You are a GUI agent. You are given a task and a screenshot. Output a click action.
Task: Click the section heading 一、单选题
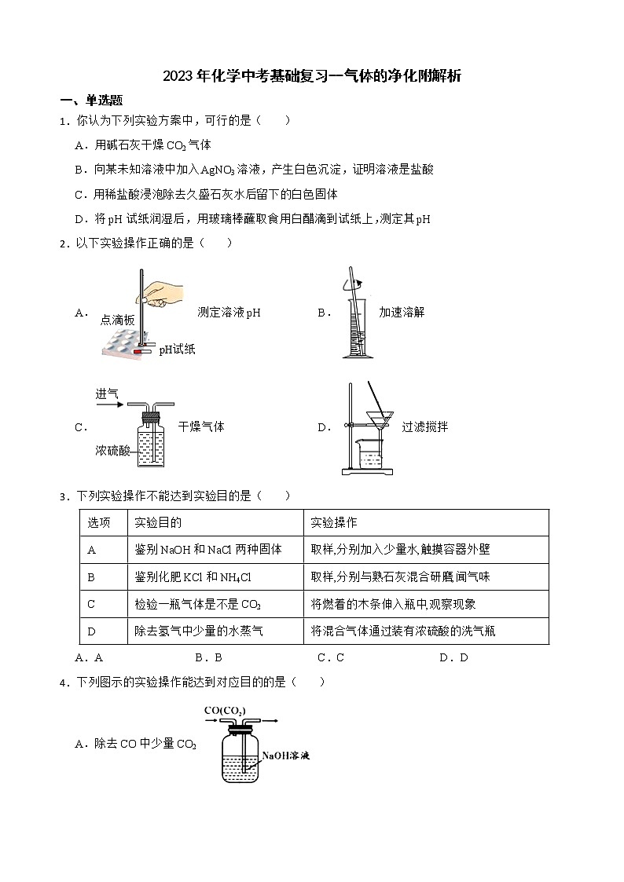[x=91, y=100]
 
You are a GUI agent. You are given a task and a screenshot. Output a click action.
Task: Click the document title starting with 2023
[x=311, y=76]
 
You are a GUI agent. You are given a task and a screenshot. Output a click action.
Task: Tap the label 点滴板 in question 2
[x=118, y=320]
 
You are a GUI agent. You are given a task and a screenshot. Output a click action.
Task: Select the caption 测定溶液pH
[x=229, y=313]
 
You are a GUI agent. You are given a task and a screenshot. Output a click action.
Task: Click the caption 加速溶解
[x=401, y=312]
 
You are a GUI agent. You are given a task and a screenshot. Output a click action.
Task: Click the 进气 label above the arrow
[x=107, y=393]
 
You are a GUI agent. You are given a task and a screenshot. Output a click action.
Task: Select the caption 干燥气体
[x=201, y=426]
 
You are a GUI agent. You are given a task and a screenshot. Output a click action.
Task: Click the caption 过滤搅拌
[x=424, y=427]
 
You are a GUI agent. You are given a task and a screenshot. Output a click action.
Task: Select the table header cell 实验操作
[x=334, y=523]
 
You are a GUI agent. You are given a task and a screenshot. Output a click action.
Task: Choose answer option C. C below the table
[x=331, y=657]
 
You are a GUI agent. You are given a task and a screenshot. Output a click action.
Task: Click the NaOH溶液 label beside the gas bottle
[x=286, y=756]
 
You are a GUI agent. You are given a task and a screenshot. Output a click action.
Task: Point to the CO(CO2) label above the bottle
[x=225, y=712]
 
